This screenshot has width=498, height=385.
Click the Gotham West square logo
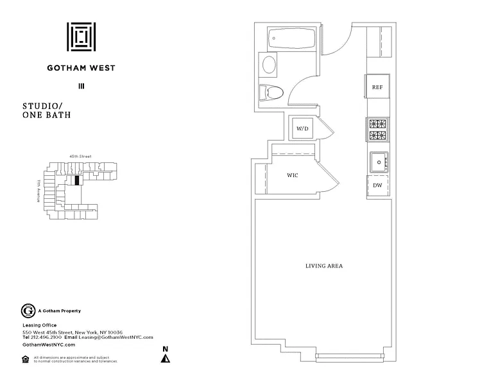coord(82,38)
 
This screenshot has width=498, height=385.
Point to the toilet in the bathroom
coord(271,92)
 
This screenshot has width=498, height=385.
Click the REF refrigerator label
coord(378,88)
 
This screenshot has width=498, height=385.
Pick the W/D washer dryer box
coord(302,128)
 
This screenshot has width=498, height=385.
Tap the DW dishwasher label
coord(378,185)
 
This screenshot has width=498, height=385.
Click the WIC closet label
coord(292,175)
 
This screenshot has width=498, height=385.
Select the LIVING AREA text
coord(323,266)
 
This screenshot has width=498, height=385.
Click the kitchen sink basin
coord(379,162)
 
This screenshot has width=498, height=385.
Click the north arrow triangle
coord(166,359)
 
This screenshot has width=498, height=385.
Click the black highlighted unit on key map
coord(77,180)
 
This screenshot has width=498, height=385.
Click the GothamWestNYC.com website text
coord(45,345)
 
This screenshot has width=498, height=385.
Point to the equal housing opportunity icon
coord(26,359)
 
